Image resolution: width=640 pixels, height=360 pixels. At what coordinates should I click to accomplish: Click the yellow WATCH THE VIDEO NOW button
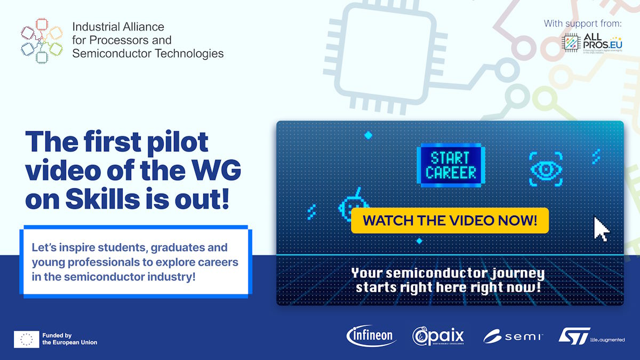[450, 220]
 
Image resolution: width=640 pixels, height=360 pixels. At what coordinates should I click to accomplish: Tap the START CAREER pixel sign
[450, 165]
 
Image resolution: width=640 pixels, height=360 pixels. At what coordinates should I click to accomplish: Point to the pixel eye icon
[546, 169]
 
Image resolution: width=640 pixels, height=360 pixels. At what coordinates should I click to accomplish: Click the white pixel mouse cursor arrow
[602, 229]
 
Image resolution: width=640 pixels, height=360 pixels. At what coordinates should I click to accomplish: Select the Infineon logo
[371, 335]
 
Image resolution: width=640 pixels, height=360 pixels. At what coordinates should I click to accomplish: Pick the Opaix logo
[438, 336]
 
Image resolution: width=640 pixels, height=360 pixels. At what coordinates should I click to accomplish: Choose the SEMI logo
[513, 337]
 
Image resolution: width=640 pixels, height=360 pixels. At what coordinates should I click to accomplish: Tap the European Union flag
[26, 339]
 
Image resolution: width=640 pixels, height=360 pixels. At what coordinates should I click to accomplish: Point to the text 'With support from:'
[582, 23]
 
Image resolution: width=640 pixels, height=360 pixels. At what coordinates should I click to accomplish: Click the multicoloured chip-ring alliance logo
[41, 40]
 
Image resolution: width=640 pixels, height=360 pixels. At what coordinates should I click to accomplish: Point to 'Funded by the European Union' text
[69, 339]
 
